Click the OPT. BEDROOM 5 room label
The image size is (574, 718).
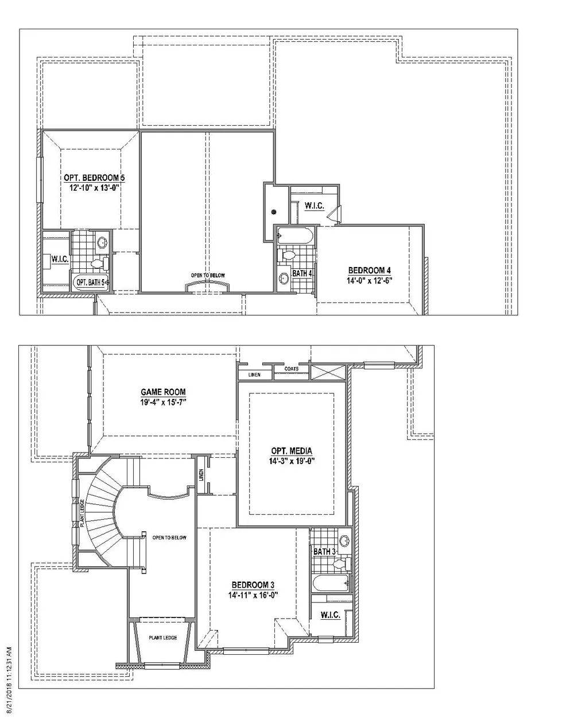pyautogui.click(x=94, y=177)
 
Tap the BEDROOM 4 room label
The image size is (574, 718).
pyautogui.click(x=369, y=270)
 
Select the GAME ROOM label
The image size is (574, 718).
pyautogui.click(x=163, y=392)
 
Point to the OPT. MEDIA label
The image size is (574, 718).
pyautogui.click(x=292, y=451)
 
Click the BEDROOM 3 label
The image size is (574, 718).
pyautogui.click(x=253, y=585)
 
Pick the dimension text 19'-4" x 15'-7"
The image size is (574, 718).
pyautogui.click(x=163, y=402)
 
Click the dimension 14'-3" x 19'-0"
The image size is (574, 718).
pyautogui.click(x=292, y=461)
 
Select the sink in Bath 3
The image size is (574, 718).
pyautogui.click(x=344, y=540)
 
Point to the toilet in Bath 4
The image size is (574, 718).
pyautogui.click(x=287, y=255)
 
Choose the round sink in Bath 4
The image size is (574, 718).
pyautogui.click(x=284, y=277)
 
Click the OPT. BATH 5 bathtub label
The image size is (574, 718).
pyautogui.click(x=90, y=283)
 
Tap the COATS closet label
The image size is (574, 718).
pyautogui.click(x=292, y=369)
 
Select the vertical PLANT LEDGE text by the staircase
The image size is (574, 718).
pyautogui.click(x=82, y=513)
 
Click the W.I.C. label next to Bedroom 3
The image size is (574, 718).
pyautogui.click(x=330, y=615)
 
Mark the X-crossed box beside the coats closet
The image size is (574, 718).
pyautogui.click(x=328, y=372)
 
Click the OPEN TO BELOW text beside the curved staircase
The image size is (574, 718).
pyautogui.click(x=169, y=538)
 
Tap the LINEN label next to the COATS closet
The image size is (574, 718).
pyautogui.click(x=254, y=375)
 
